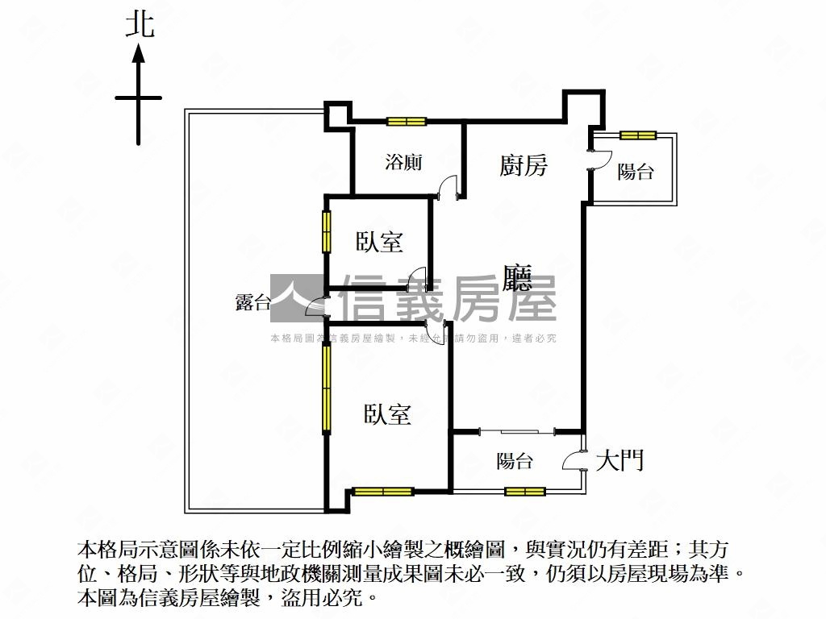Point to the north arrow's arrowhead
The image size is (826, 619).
(139, 54)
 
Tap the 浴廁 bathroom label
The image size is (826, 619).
(403, 162)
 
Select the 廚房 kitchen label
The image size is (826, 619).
(523, 166)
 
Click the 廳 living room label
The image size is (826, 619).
(517, 278)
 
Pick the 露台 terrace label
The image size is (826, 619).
(252, 302)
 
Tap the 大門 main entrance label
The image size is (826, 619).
(619, 461)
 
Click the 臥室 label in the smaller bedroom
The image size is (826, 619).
(379, 241)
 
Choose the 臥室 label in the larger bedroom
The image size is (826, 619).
(387, 414)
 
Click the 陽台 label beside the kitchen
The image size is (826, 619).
(636, 171)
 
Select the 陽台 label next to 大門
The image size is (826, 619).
(514, 461)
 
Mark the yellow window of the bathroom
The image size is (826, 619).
(406, 123)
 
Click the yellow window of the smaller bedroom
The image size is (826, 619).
(327, 231)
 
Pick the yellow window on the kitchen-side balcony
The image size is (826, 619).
(638, 135)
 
